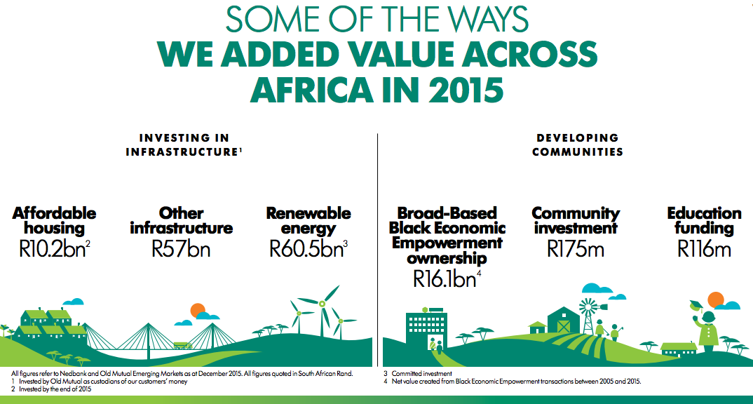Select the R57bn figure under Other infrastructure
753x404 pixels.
point(181,249)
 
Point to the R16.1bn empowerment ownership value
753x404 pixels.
point(447,279)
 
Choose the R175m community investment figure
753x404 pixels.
point(576,249)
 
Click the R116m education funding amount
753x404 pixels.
point(704,249)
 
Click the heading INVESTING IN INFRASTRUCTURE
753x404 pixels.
point(184,145)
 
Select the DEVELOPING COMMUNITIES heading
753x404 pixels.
point(577,145)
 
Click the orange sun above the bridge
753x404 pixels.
point(198,310)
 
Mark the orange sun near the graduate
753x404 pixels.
point(716,299)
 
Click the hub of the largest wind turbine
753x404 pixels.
point(322,304)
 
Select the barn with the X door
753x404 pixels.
point(563,321)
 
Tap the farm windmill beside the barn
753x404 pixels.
point(589,316)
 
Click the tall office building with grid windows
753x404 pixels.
point(426,331)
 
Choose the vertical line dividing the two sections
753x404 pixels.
point(377,250)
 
